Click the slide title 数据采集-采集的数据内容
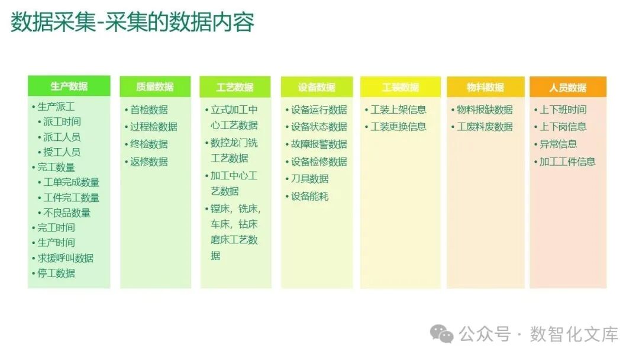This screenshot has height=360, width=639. point(133,22)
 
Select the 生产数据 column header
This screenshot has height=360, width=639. point(69,86)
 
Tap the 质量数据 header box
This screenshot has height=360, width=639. point(155,87)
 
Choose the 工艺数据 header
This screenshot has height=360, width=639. point(235,87)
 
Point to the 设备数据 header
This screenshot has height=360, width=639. point(317,87)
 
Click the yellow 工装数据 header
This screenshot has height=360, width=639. point(401,87)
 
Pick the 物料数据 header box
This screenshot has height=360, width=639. point(485,87)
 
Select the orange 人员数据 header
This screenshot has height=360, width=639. point(567,87)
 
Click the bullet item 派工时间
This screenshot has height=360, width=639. point(62,122)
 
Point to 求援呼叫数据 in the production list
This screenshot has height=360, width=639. point(65,258)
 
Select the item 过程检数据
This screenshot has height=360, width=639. point(153,127)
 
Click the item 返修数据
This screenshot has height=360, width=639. point(149,162)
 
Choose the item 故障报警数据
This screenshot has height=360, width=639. point(319,144)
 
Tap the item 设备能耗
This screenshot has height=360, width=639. point(309,196)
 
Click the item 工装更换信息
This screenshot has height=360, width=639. point(398,127)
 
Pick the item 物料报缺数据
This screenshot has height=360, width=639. point(485,110)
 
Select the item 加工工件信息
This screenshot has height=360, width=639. point(567,162)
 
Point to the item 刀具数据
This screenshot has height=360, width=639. point(309,179)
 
